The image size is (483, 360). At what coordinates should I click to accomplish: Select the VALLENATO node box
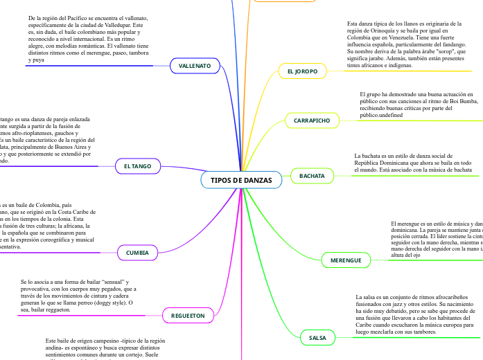tap(195, 66)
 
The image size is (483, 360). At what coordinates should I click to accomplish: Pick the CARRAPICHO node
tap(311, 120)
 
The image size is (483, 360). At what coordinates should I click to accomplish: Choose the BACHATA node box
tap(312, 177)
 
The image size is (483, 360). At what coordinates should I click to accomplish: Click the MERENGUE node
tap(346, 260)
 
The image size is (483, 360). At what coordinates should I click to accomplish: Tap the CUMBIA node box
tap(137, 253)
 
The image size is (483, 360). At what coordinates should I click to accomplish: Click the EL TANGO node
tap(137, 167)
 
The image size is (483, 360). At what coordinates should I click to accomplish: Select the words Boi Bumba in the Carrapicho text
tap(459, 101)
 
